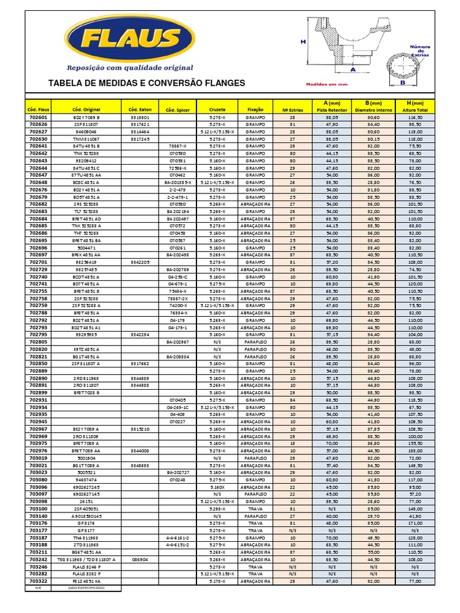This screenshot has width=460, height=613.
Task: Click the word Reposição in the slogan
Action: pos(89,68)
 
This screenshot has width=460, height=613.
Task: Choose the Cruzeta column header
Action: pos(217,110)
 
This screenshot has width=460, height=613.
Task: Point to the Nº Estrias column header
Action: pos(292,110)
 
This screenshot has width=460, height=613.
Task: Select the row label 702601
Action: pos(38,119)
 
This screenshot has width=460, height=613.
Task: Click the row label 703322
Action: pos(38,581)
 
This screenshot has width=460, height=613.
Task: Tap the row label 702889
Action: pos(38,371)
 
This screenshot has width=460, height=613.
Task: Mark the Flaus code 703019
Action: pos(38,457)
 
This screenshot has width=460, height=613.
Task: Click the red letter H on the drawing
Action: pos(304,42)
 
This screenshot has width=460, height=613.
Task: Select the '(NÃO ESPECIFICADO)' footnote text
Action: pos(86,588)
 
